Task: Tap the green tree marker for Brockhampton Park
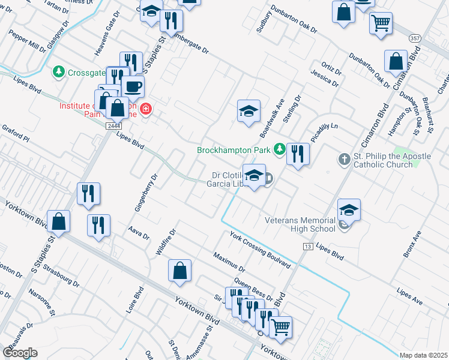coord(279,149)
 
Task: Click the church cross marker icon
coord(344,160)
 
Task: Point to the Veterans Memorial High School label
coord(300,224)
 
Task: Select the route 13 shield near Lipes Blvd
coord(308,247)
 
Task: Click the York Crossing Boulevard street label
coord(259,249)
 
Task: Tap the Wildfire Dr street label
coord(165,242)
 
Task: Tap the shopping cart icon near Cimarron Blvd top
coord(381,24)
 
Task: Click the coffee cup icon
coord(133,86)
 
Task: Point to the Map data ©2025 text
coord(423,355)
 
